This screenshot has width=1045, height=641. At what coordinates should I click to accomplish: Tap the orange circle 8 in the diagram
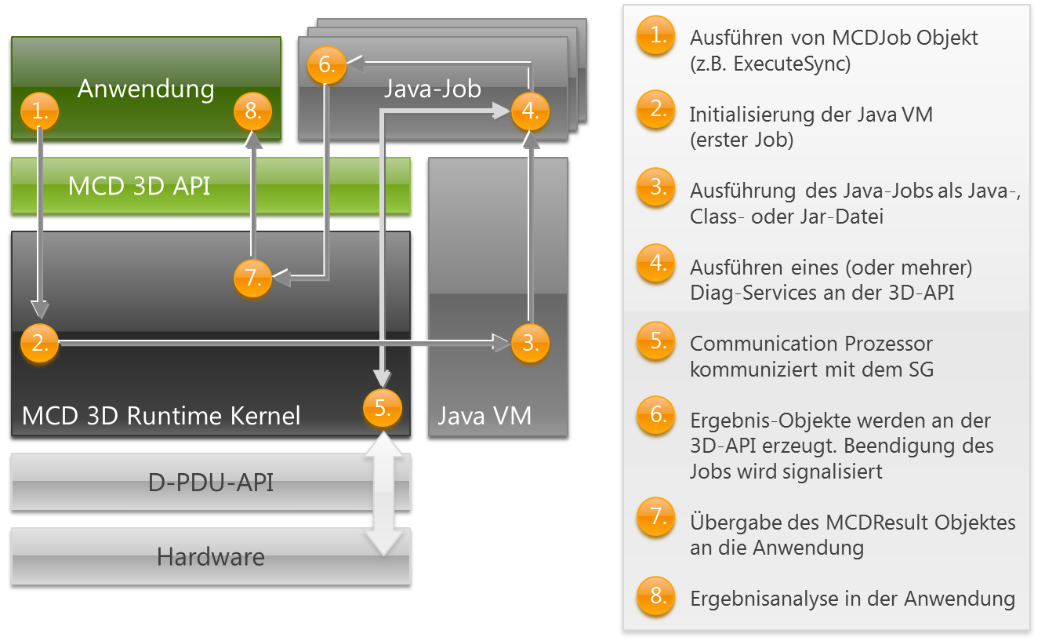pyautogui.click(x=252, y=111)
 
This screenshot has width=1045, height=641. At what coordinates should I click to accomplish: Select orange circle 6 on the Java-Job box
pyautogui.click(x=326, y=65)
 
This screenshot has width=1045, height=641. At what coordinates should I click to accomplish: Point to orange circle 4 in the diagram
pyautogui.click(x=530, y=111)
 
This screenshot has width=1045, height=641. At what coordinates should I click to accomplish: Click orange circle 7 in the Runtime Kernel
pyautogui.click(x=252, y=278)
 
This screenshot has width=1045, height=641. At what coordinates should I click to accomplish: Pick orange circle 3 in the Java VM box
pyautogui.click(x=530, y=343)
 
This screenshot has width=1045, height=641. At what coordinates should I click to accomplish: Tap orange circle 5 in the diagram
pyautogui.click(x=383, y=407)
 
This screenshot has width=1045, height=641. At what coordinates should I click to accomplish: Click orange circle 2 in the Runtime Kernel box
pyautogui.click(x=40, y=343)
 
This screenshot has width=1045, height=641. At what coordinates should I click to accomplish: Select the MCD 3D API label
pyautogui.click(x=140, y=186)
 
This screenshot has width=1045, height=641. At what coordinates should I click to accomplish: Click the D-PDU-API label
pyautogui.click(x=211, y=482)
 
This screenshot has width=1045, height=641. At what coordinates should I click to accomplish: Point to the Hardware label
pyautogui.click(x=211, y=557)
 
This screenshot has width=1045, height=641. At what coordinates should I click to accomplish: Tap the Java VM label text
pyautogui.click(x=484, y=415)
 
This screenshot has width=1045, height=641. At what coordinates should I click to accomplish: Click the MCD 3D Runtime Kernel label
pyautogui.click(x=161, y=415)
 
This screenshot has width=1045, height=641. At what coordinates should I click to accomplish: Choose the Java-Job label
pyautogui.click(x=432, y=89)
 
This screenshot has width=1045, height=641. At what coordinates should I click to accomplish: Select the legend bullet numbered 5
pyautogui.click(x=656, y=343)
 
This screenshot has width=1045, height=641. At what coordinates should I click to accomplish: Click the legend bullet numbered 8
pyautogui.click(x=656, y=597)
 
